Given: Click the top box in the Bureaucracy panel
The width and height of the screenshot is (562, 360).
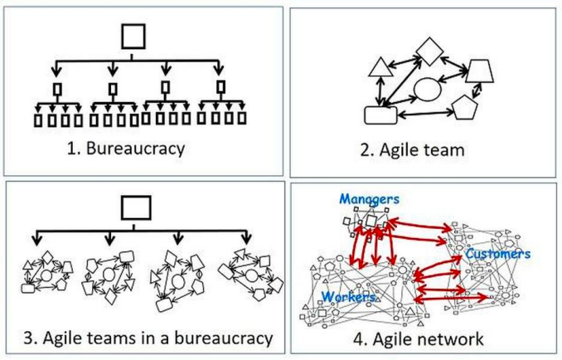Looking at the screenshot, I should pos(133,37).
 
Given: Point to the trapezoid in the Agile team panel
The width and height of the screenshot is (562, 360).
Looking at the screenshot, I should pos(481,71).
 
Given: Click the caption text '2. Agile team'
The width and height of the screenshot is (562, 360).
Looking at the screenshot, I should pos(424,151).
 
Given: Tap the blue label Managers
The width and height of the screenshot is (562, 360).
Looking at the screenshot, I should pos(368,199).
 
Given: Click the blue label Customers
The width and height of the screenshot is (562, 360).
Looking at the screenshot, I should pos(497,254).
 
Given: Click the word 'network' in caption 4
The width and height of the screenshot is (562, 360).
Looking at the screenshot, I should pos(451,338).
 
